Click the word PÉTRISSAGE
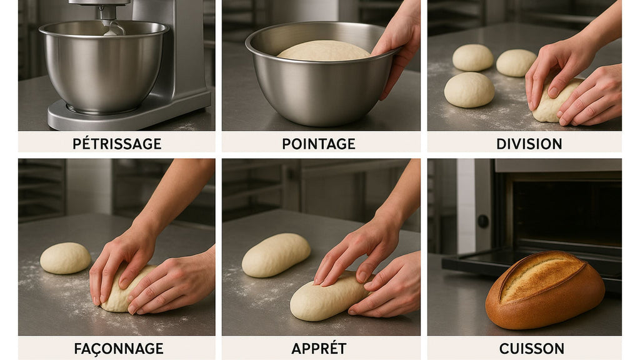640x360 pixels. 117,144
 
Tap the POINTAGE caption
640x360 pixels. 318,144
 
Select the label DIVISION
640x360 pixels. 529,144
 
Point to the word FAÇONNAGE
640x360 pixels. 119,348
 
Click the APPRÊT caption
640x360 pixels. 319,348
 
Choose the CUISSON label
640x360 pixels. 531,348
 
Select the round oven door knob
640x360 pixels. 483,221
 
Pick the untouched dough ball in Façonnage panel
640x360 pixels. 65,257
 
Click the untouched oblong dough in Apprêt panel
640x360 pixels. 276,254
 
